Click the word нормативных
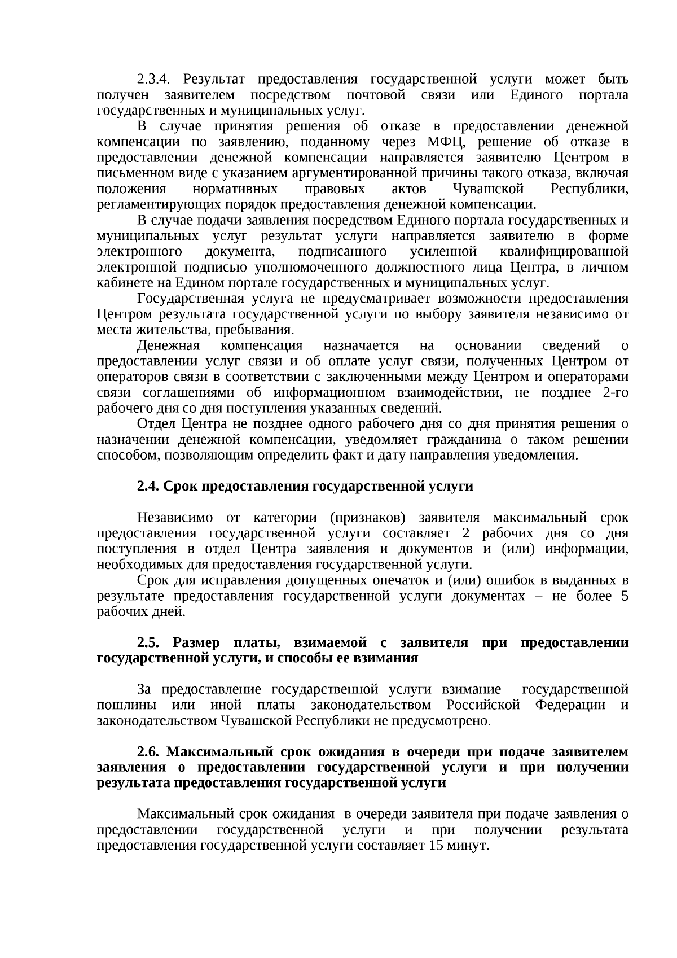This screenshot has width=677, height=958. (x=235, y=189)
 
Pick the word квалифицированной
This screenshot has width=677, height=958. (x=564, y=251)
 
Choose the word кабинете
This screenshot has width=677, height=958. (x=118, y=282)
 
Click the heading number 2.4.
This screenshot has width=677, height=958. (x=148, y=487)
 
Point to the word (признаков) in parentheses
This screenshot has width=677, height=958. (x=364, y=518)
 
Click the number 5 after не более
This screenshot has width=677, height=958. (x=625, y=596)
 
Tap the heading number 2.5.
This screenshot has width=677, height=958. (x=149, y=643)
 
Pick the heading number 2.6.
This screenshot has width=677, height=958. (x=149, y=753)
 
